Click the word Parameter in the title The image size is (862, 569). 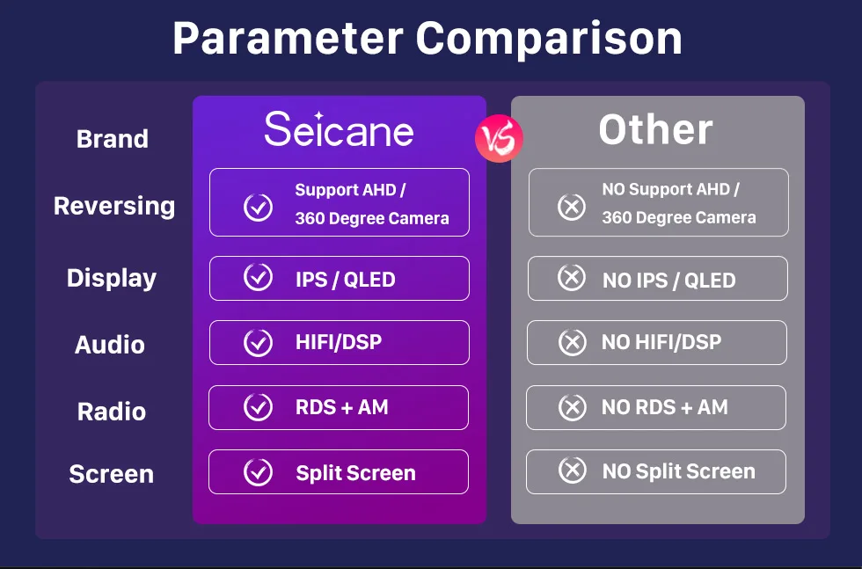click(289, 39)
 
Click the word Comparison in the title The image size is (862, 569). click(549, 39)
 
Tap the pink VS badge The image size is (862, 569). click(500, 139)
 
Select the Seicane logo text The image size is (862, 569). click(339, 129)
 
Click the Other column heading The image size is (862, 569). click(656, 130)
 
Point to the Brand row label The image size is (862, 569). click(113, 139)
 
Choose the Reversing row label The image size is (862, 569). click(114, 206)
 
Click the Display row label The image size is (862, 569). click(112, 278)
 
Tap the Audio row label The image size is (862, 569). click(110, 346)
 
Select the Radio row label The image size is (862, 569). click(112, 412)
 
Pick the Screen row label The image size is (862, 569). click(111, 474)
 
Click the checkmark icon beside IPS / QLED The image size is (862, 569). click(258, 277)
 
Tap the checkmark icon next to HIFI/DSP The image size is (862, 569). click(258, 343)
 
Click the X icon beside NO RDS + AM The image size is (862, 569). click(573, 408)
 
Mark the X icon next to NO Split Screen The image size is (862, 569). click(573, 471)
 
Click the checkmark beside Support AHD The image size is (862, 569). click(258, 208)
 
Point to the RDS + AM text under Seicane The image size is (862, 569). click(342, 407)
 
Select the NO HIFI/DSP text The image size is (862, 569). click(661, 342)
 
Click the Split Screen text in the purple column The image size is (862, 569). click(355, 473)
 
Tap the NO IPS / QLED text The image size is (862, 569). click(669, 281)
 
